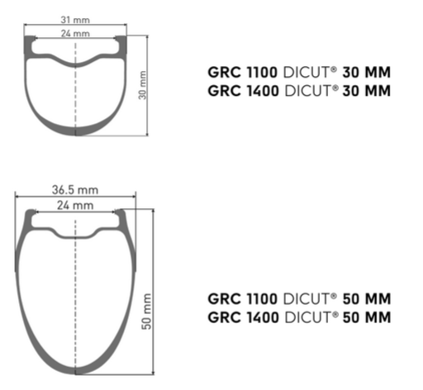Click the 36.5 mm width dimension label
tap(75, 189)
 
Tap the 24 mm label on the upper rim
tap(76, 33)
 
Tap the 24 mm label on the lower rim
tap(75, 204)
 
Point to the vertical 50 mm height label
tap(148, 311)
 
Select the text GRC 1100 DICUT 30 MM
tap(298, 73)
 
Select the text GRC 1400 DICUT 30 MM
tap(298, 90)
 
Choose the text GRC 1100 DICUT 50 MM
tap(298, 299)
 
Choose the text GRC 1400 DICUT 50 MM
tap(298, 317)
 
